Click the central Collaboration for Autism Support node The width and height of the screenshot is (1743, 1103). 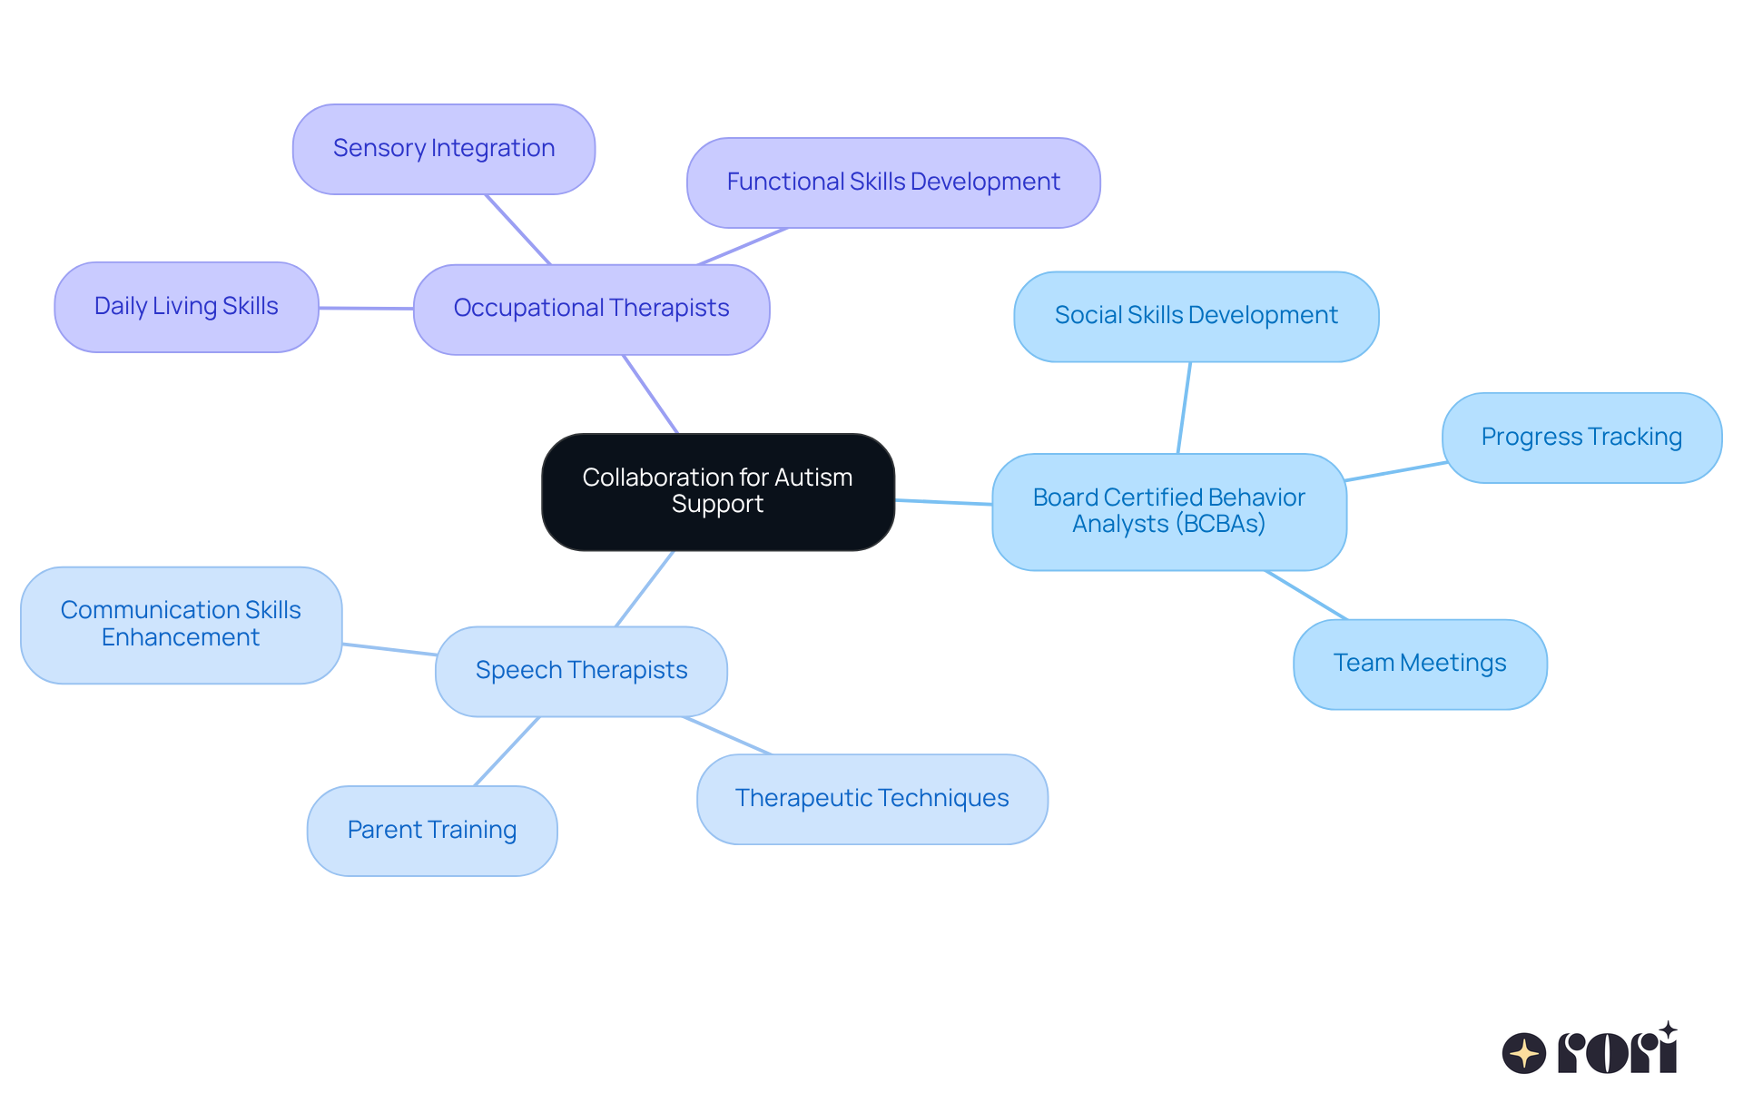pos(717,491)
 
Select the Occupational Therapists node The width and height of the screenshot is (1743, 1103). pos(591,309)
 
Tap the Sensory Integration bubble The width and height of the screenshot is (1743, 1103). pos(443,149)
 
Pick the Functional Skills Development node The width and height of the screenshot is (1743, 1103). pos(892,182)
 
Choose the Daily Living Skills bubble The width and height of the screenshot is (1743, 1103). pos(186,307)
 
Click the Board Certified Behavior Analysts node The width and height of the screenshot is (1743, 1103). pos(1168,511)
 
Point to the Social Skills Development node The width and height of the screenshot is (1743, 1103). pos(1196,316)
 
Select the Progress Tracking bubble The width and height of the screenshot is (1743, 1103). pos(1581,438)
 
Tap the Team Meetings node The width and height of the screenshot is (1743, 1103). pos(1419,664)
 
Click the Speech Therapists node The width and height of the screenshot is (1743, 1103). pos(581,671)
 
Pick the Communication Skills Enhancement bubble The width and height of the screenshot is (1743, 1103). pos(181,625)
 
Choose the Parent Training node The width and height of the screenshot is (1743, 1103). pos(431,831)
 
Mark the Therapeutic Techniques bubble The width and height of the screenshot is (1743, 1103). pos(871,799)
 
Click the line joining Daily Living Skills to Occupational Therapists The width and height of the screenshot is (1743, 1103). pos(366,309)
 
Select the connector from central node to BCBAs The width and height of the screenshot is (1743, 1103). pos(943,502)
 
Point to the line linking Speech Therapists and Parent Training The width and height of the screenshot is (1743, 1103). pos(507,752)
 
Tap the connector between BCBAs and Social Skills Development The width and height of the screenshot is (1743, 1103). pos(1184,408)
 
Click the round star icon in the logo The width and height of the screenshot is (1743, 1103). pos(1523,1053)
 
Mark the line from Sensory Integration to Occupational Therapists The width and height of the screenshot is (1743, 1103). pos(517,230)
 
